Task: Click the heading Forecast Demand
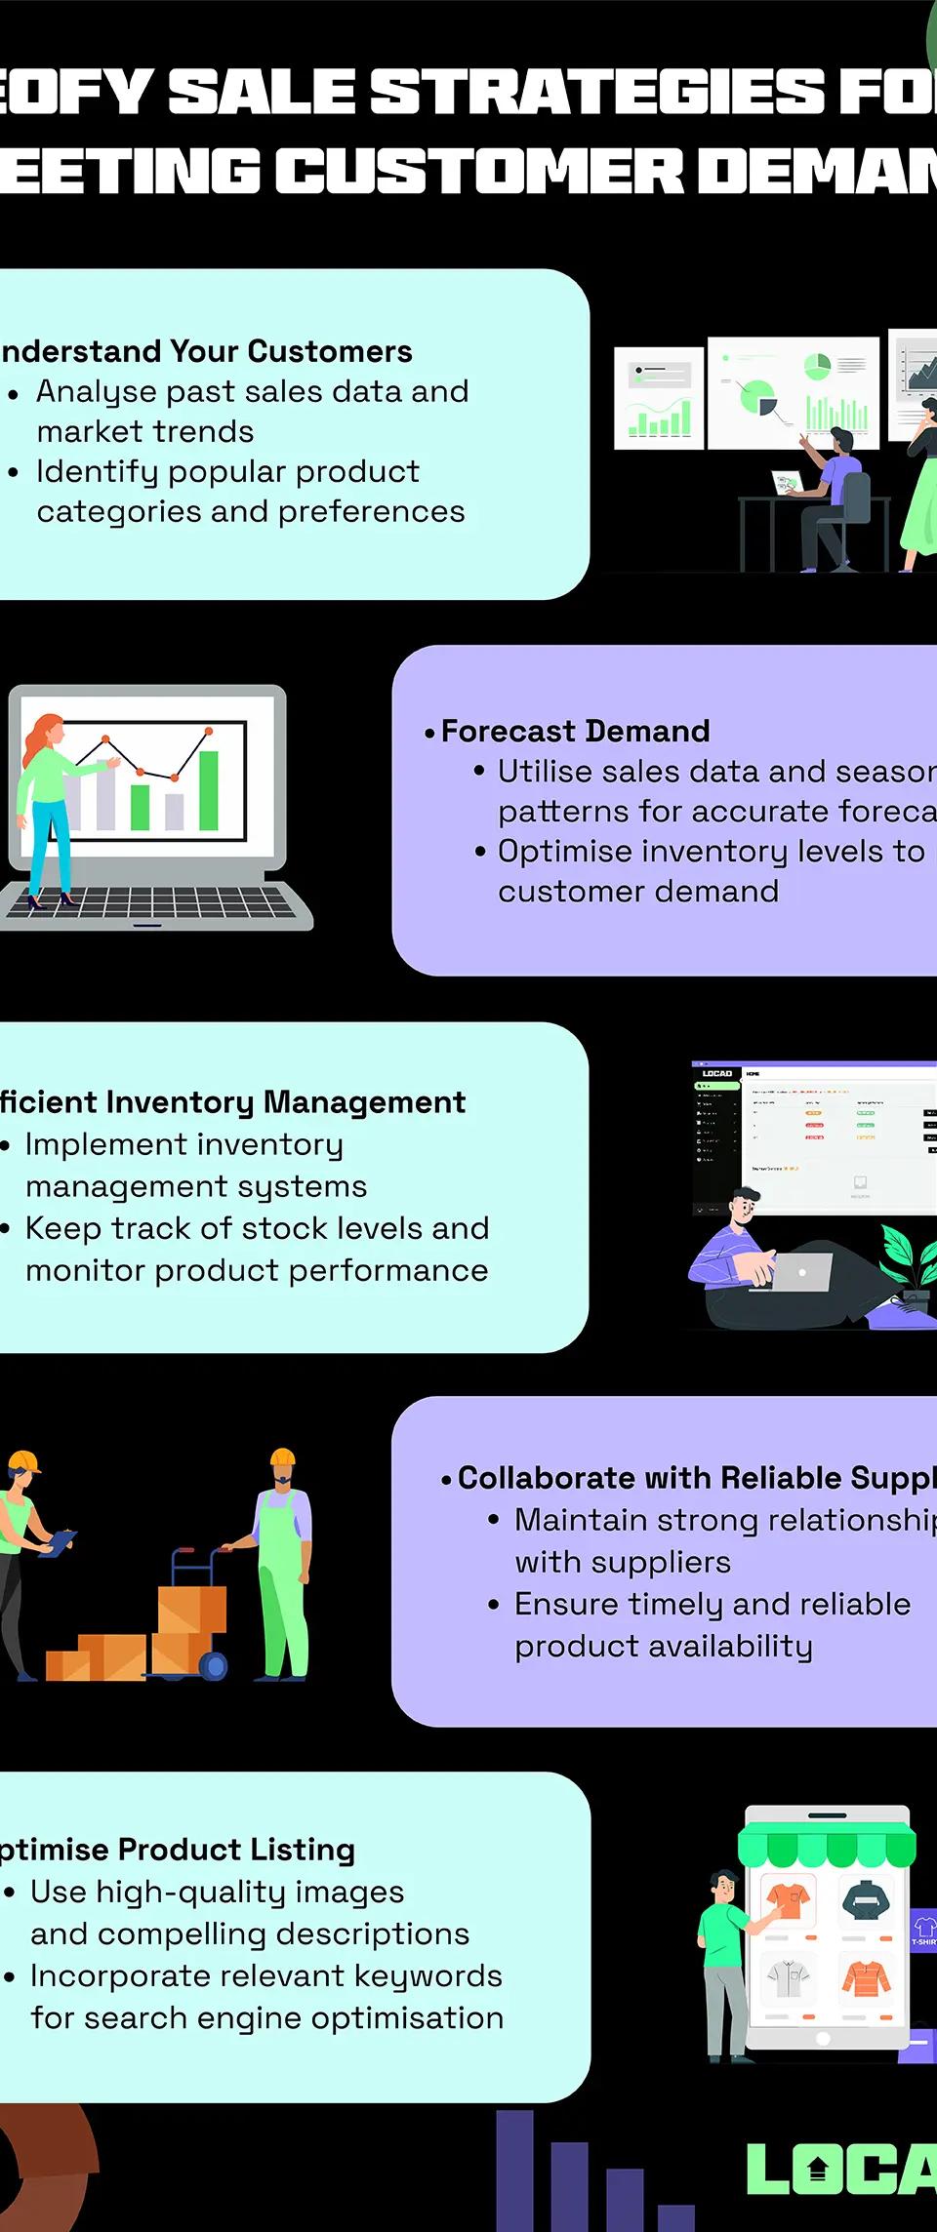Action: tap(575, 731)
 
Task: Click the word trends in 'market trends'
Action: tap(209, 431)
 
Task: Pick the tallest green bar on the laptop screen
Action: tap(208, 790)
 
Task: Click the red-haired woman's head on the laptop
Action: tap(48, 731)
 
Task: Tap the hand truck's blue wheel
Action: tap(213, 1665)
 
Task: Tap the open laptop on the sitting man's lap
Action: tap(800, 1272)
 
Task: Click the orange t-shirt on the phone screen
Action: tap(788, 1898)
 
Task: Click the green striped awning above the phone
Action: tap(826, 1846)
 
